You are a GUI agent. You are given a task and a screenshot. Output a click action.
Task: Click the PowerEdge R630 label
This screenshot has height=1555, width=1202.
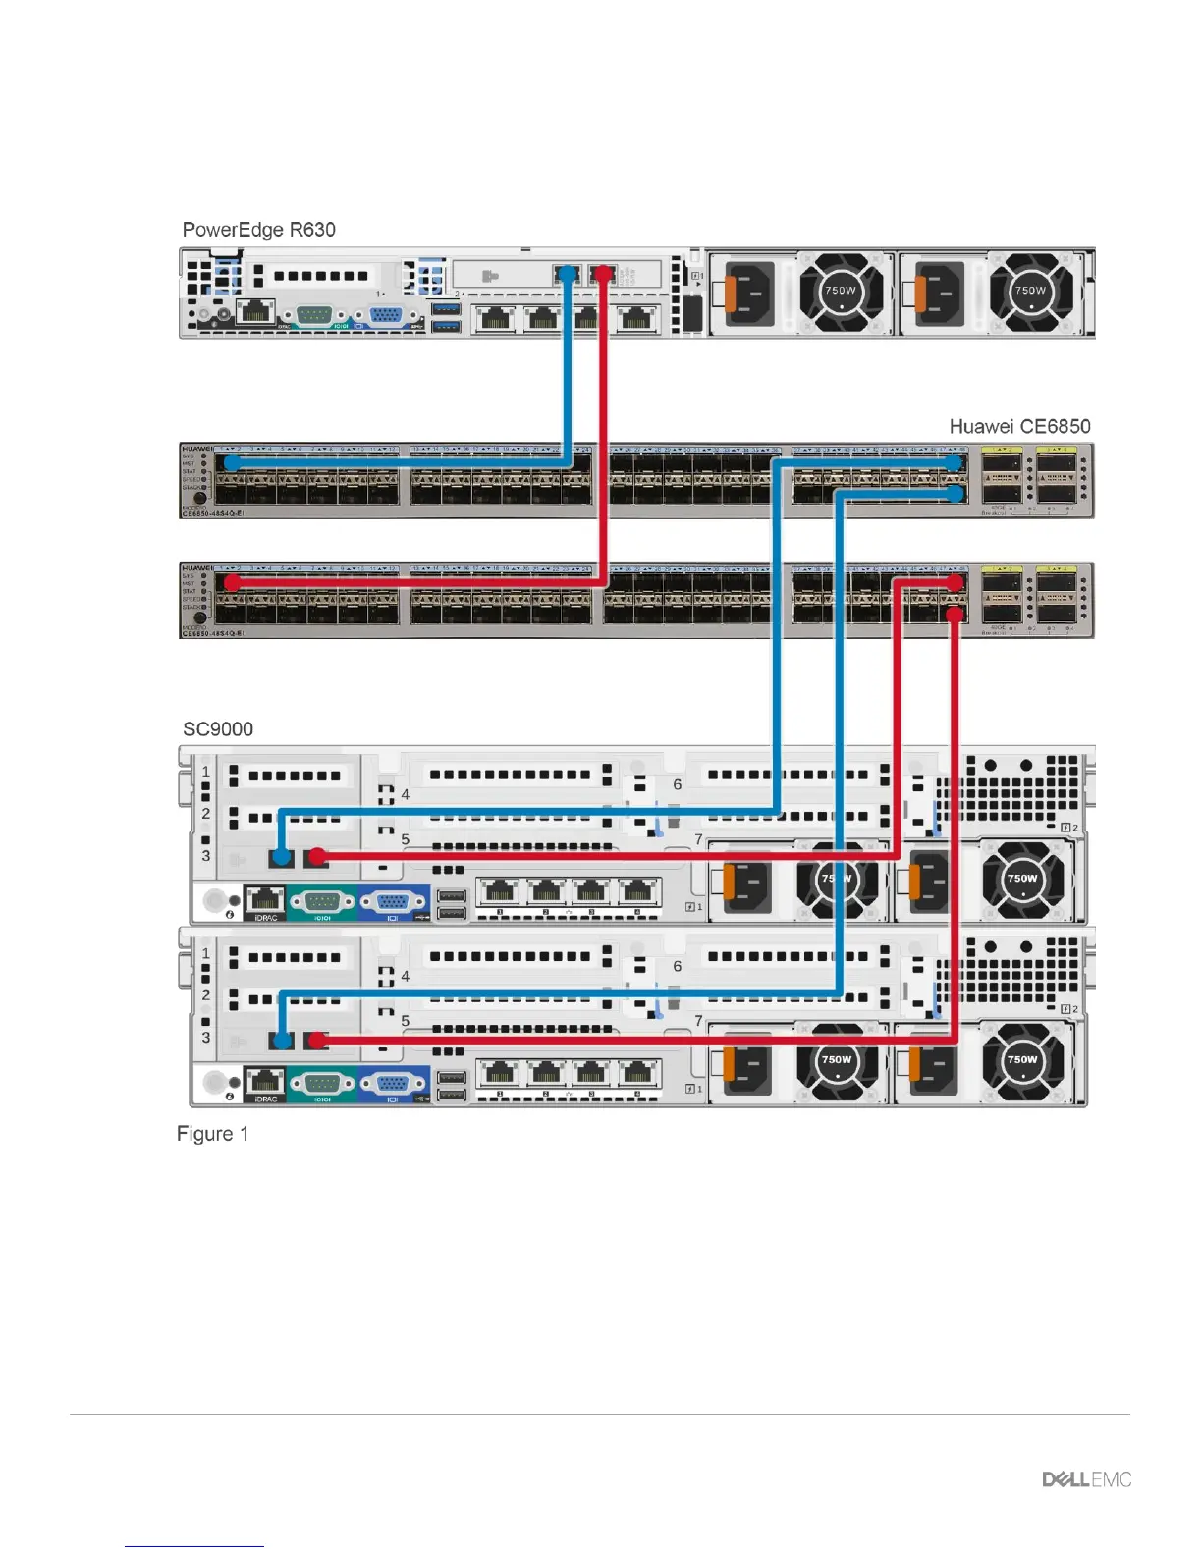click(x=258, y=230)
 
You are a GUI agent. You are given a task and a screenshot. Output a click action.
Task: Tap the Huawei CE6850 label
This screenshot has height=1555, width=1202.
click(x=1019, y=426)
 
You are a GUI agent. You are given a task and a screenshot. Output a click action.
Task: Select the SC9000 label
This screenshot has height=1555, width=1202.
click(x=218, y=728)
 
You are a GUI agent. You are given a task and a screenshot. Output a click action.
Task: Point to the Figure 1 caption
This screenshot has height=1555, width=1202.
click(x=212, y=1134)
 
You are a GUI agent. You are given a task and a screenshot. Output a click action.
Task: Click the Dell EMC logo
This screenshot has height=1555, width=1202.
click(x=1086, y=1478)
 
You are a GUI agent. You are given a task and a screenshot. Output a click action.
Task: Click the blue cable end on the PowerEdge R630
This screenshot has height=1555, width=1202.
click(x=568, y=273)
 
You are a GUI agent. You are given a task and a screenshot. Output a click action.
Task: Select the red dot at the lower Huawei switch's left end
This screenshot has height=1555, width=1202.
click(x=232, y=582)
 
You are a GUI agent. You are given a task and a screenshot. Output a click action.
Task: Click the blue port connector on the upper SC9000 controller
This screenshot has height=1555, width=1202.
click(x=282, y=857)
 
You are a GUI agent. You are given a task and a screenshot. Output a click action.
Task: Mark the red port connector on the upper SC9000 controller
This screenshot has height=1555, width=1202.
click(x=316, y=857)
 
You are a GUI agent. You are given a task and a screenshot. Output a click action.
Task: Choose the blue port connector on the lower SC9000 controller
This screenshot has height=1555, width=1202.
click(x=282, y=1039)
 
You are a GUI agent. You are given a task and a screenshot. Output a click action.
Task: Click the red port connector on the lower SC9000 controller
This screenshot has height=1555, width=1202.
click(x=316, y=1039)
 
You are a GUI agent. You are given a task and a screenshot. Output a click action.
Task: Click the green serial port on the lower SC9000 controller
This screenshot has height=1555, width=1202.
click(x=322, y=1082)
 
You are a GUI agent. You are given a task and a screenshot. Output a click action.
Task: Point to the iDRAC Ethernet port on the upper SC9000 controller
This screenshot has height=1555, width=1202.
click(x=264, y=898)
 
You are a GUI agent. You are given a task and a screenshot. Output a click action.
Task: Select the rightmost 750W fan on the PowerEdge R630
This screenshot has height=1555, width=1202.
click(x=1030, y=291)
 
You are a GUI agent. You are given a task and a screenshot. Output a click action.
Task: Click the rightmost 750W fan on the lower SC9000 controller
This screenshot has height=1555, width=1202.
click(x=1022, y=1060)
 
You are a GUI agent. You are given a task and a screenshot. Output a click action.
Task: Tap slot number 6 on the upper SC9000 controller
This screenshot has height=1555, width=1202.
click(x=677, y=784)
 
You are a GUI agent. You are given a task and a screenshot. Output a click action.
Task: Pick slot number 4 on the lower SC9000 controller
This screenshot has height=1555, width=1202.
click(x=405, y=976)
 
